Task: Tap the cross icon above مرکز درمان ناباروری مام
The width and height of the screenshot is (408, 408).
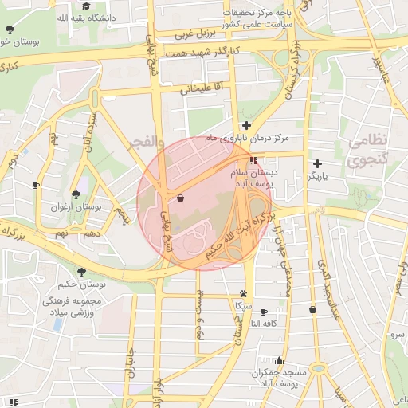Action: point(247,125)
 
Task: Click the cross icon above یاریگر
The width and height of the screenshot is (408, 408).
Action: point(318,163)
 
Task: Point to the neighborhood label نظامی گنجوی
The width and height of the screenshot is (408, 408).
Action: point(367,149)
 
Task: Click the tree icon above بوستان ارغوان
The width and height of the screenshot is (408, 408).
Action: point(75,194)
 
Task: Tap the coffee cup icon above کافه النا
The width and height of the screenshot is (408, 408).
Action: point(264,312)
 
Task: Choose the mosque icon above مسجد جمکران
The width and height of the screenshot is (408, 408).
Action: point(279,360)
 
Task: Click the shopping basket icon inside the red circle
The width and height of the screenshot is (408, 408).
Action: point(178,198)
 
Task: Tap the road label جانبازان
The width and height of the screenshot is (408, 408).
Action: point(128,371)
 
